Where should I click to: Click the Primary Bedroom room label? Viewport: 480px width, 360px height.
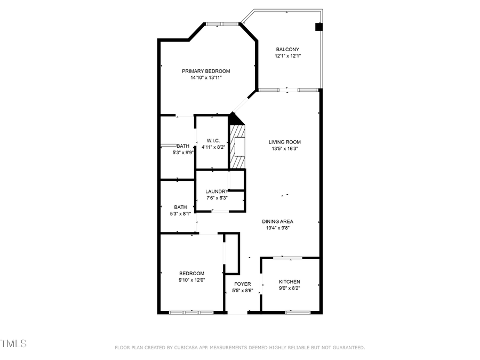[x=206, y=71]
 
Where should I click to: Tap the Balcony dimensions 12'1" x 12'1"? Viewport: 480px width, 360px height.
[x=287, y=56]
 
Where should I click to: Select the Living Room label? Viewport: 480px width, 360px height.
[x=284, y=142]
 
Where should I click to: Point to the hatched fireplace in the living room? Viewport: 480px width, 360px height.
[x=237, y=146]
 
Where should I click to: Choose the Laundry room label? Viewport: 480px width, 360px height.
[x=216, y=191]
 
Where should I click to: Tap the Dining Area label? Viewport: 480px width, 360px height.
[x=277, y=221]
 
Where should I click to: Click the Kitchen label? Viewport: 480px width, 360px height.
[x=289, y=282]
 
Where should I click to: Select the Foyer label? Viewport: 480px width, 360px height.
[x=242, y=284]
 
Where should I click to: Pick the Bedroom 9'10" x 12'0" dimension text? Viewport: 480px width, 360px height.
[x=191, y=280]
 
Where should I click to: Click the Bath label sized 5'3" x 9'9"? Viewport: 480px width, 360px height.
[x=183, y=146]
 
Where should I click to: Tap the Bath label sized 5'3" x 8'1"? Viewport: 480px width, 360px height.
[x=180, y=207]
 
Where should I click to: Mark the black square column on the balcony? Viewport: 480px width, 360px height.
[x=318, y=27]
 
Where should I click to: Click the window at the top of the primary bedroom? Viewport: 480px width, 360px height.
[x=222, y=23]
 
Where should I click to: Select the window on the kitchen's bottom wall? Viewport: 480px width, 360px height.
[x=294, y=312]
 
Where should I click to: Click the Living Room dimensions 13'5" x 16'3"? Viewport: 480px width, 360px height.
[x=284, y=149]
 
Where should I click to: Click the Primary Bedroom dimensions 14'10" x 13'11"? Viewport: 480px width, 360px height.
[x=206, y=78]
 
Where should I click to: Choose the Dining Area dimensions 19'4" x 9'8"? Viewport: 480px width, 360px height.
[x=277, y=228]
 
